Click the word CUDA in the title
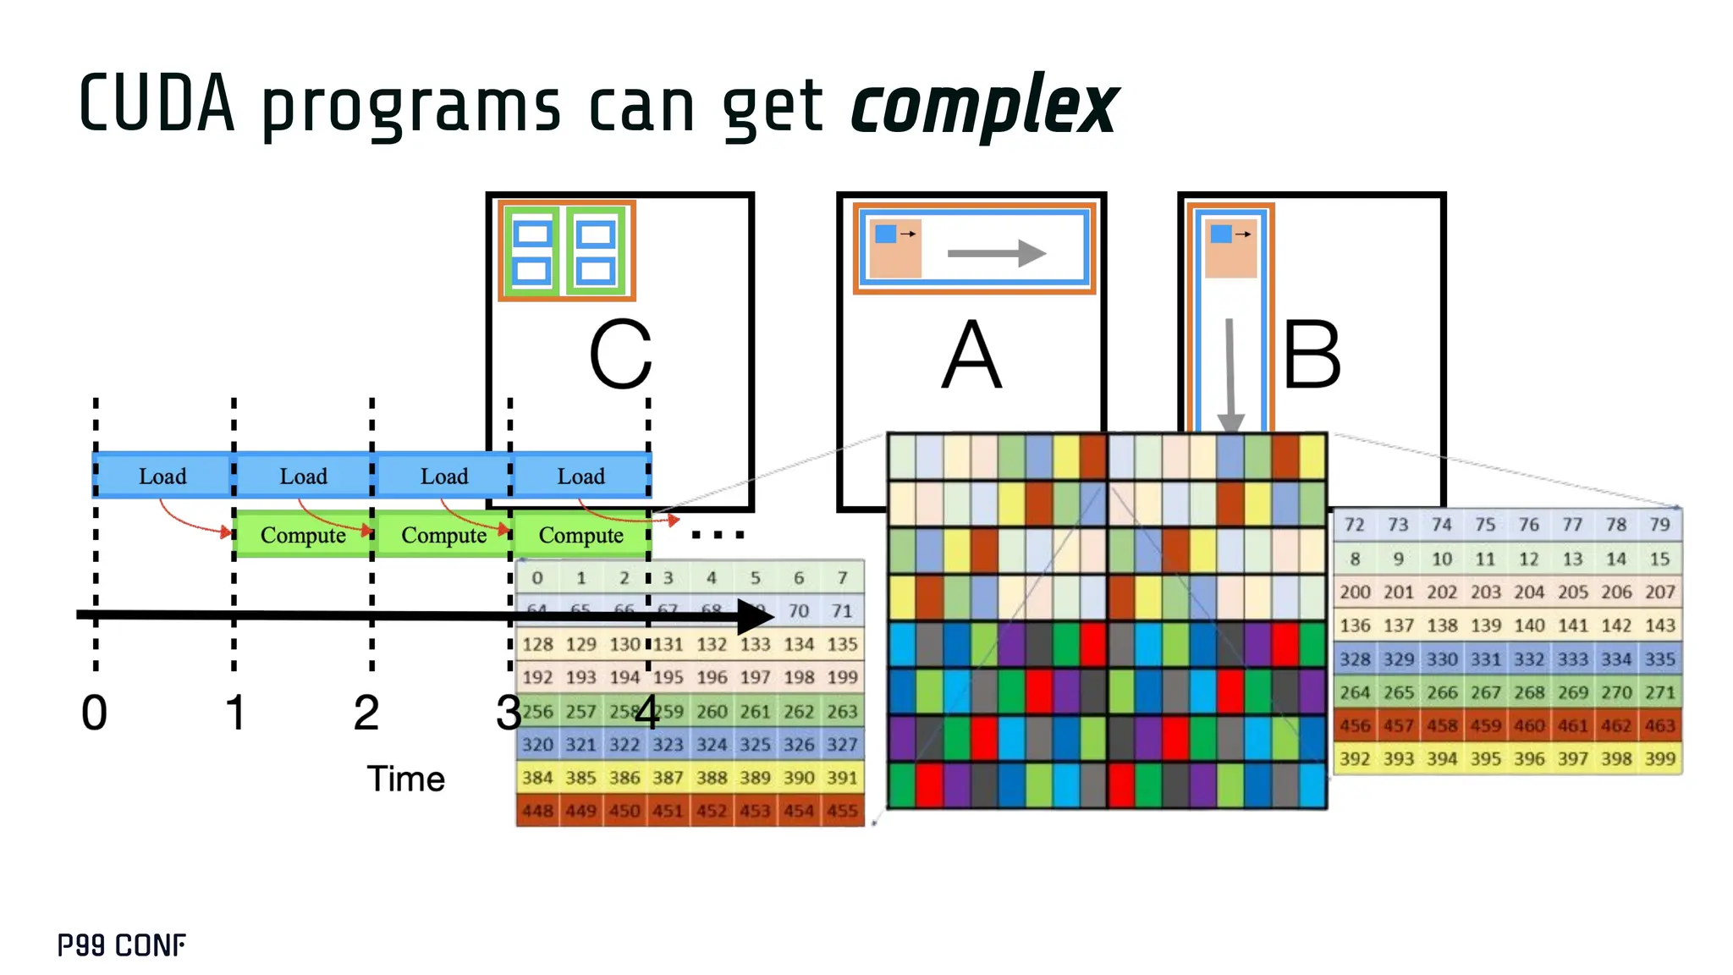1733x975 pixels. [x=157, y=104]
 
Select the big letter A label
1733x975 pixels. [x=971, y=355]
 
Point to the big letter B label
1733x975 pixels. [x=1312, y=355]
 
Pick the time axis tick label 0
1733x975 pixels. [x=94, y=713]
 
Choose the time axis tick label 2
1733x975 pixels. [x=366, y=713]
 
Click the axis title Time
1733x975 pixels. [x=405, y=779]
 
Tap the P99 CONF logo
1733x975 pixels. [x=122, y=945]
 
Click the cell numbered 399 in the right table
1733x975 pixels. [x=1659, y=758]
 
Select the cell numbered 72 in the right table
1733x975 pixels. [x=1354, y=525]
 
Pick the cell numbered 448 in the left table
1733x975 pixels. [x=537, y=811]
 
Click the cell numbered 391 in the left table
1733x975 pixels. [x=842, y=777]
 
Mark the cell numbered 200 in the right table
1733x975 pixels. [x=1355, y=592]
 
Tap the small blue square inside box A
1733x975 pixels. [x=885, y=234]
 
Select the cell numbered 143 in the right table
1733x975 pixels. [x=1659, y=625]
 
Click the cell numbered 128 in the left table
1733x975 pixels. [x=537, y=644]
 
